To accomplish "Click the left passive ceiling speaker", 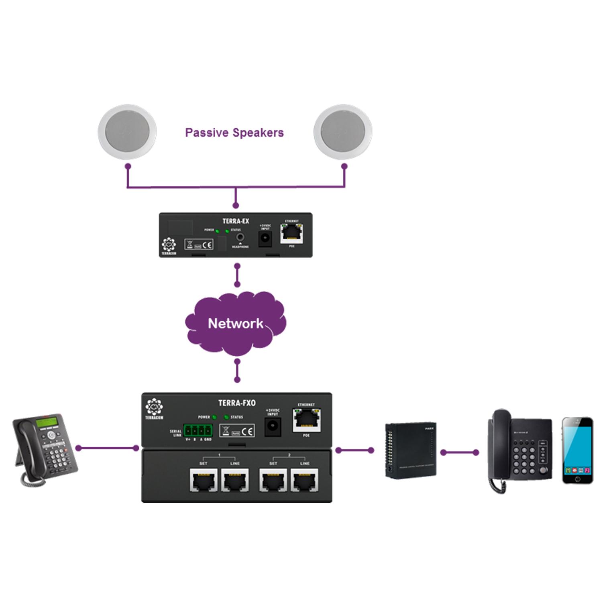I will point(127,132).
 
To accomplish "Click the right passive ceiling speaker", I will point(343,132).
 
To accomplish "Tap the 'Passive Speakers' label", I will point(234,133).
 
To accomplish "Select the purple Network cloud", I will point(236,323).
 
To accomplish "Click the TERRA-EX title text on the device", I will point(236,221).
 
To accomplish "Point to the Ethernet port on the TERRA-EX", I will point(291,233).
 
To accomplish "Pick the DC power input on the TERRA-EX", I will point(265,238).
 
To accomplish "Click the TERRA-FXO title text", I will point(236,403).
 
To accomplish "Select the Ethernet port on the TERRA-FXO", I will point(306,420).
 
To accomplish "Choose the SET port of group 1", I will point(204,480).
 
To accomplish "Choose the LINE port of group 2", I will point(305,480).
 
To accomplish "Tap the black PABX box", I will point(410,450).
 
